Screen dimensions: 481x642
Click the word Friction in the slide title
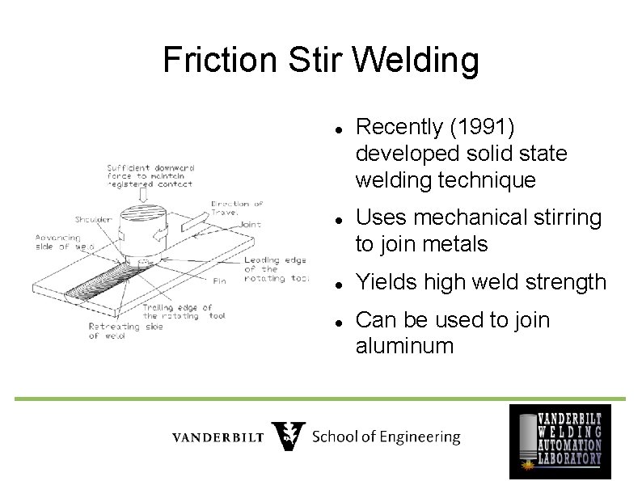[209, 60]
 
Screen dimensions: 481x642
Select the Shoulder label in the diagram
[93, 219]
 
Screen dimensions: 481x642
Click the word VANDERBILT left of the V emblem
[218, 437]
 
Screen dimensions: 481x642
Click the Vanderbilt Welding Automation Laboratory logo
[560, 441]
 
